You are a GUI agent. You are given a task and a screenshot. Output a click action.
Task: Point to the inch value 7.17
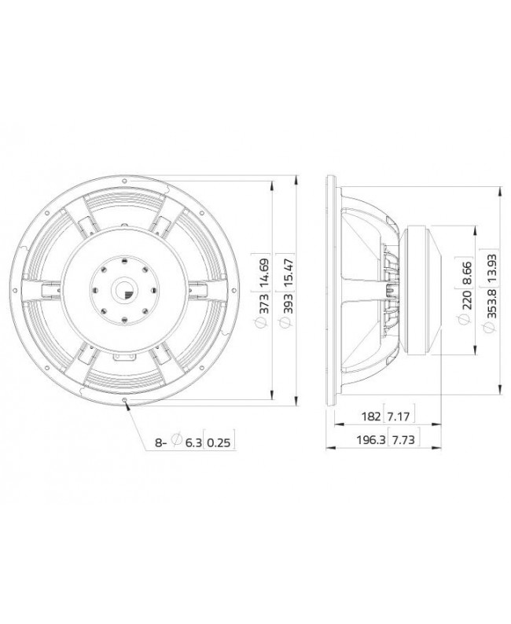tap(398, 415)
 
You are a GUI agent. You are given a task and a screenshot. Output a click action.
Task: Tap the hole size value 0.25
tap(222, 442)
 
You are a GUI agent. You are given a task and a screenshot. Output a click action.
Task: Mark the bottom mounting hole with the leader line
tap(126, 401)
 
